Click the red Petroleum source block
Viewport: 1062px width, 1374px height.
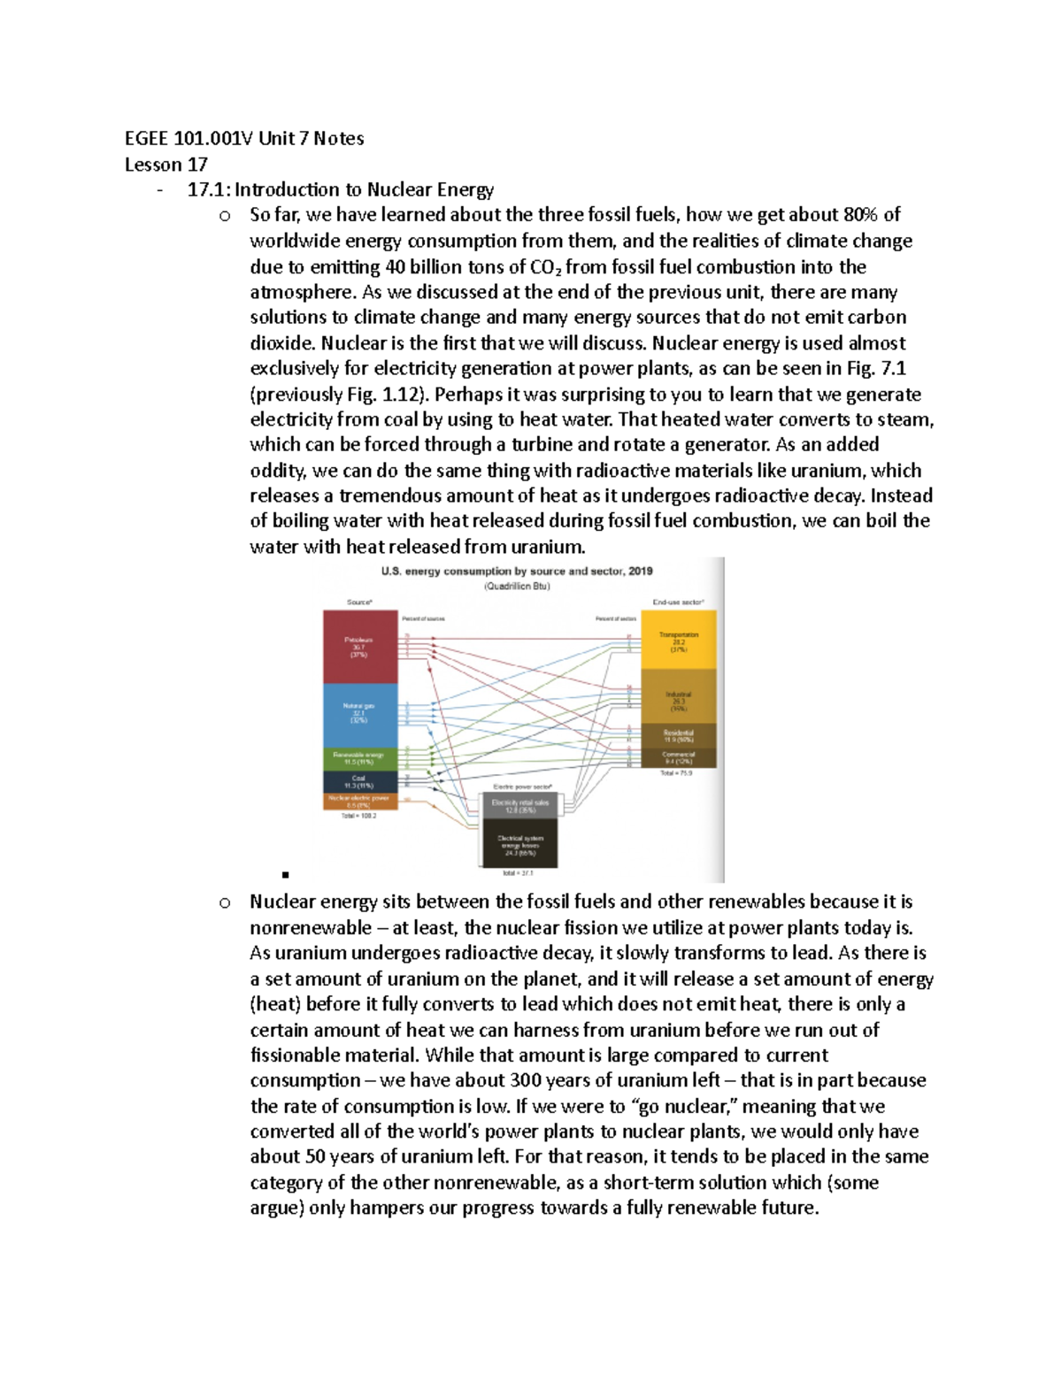point(358,647)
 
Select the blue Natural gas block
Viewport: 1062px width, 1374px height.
point(358,714)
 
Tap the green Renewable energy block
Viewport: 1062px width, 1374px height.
point(358,758)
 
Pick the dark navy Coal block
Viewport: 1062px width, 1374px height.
point(358,781)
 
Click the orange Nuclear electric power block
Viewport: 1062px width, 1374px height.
point(358,802)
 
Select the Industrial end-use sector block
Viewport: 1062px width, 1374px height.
point(678,700)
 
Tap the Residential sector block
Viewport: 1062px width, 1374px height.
point(678,735)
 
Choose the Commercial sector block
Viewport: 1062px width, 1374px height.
point(678,757)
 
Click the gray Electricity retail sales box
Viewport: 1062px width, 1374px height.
point(519,804)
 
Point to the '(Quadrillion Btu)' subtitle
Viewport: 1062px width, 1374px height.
point(517,587)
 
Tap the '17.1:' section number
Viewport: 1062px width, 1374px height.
point(208,190)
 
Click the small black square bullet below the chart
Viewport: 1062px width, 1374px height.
point(286,875)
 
